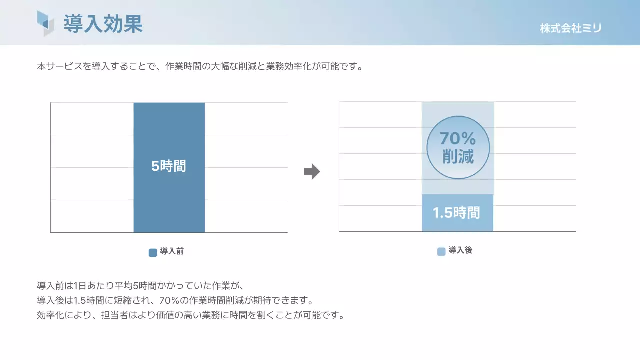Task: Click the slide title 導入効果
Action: (103, 24)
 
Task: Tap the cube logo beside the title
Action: (45, 23)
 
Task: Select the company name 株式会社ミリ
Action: (571, 28)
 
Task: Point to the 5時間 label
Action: (169, 166)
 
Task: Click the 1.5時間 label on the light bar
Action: (456, 213)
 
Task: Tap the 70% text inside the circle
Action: (458, 138)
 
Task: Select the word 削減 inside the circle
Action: (458, 157)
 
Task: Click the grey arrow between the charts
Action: (312, 172)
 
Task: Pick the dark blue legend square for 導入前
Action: (153, 252)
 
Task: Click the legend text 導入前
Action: (172, 252)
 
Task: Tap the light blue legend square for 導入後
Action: (441, 252)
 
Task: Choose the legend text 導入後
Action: (461, 251)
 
